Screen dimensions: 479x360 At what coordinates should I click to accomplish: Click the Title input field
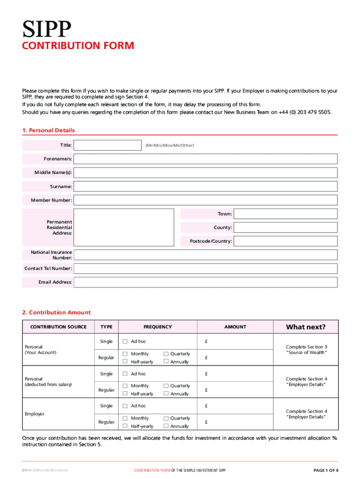[108, 145]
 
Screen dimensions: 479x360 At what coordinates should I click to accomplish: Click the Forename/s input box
[206, 159]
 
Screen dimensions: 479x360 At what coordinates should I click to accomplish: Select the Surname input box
[206, 187]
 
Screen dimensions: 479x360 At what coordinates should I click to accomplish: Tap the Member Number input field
[206, 200]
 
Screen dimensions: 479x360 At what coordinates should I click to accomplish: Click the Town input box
[285, 214]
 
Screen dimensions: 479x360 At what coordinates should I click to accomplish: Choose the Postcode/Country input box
[285, 241]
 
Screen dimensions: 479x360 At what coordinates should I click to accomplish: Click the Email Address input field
[206, 283]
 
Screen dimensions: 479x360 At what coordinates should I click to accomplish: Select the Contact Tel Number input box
[206, 269]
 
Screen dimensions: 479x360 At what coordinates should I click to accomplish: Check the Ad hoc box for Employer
[125, 406]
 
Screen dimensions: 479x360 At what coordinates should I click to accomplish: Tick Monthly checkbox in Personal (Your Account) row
[125, 354]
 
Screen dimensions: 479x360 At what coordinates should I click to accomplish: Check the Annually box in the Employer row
[166, 426]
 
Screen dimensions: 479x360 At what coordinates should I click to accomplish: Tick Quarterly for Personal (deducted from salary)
[166, 386]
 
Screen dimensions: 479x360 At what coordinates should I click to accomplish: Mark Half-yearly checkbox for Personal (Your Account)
[125, 362]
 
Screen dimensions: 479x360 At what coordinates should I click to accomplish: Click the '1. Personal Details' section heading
[49, 131]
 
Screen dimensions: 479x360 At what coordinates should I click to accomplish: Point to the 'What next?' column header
[306, 327]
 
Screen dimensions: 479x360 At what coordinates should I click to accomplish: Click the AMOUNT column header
[235, 327]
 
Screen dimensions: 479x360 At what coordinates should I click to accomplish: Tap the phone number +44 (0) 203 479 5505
[305, 112]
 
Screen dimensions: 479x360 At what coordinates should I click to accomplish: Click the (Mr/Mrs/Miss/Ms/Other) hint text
[169, 145]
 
